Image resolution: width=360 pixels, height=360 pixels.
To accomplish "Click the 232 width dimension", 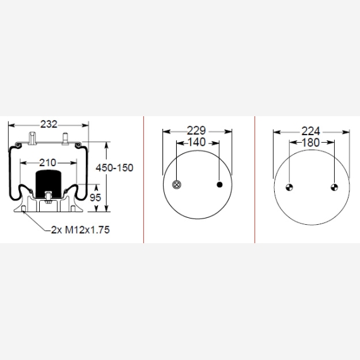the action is pyautogui.click(x=49, y=124).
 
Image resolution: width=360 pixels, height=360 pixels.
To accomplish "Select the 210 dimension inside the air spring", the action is pyautogui.click(x=48, y=163).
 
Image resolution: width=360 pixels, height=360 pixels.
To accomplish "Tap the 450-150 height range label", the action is pyautogui.click(x=114, y=168).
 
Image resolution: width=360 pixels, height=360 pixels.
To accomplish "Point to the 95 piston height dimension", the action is pyautogui.click(x=95, y=198).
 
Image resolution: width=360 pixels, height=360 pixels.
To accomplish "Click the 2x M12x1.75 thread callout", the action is pyautogui.click(x=80, y=230).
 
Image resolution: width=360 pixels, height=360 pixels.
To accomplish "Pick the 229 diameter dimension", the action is pyautogui.click(x=196, y=131).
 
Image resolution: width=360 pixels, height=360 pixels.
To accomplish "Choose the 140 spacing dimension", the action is pyautogui.click(x=196, y=142).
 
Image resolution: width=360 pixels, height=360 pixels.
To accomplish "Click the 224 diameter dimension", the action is pyautogui.click(x=311, y=131).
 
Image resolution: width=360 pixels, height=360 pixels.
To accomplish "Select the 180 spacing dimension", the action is pyautogui.click(x=310, y=143).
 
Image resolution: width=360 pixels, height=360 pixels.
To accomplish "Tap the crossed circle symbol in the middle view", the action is pyautogui.click(x=177, y=184).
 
